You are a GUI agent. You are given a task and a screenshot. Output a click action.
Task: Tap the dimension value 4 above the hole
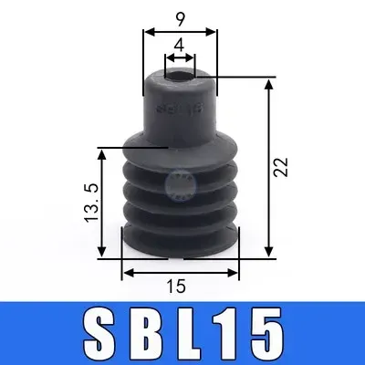point(180,44)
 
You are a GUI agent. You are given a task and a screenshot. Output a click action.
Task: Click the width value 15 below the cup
point(178,287)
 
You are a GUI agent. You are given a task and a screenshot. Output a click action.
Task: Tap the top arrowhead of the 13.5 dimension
point(120,151)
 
